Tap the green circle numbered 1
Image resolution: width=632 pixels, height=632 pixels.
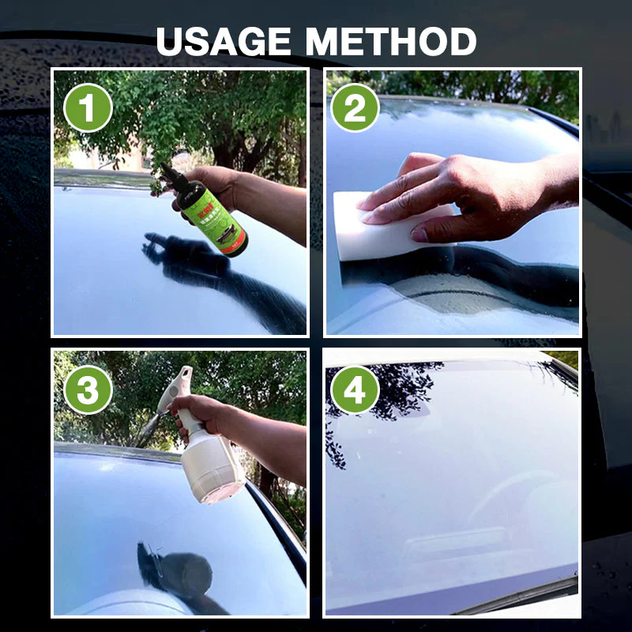[87, 107]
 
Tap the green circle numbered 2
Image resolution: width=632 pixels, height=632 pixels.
[355, 107]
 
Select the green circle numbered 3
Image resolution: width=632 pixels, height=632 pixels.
[87, 389]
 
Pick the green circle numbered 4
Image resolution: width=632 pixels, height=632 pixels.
[355, 389]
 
